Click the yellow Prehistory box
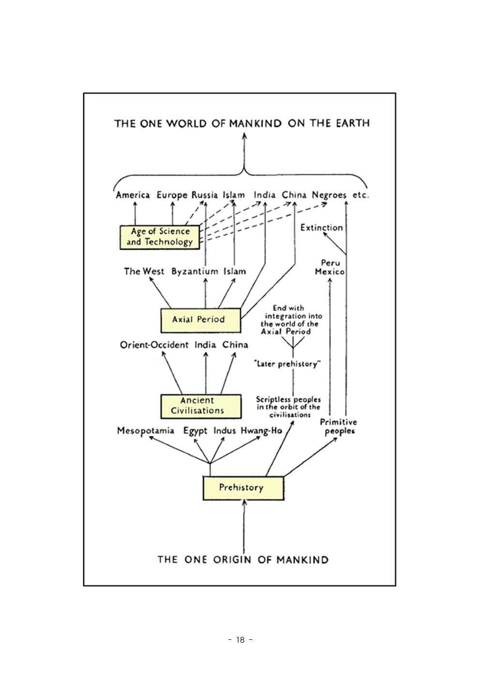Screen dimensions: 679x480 242,488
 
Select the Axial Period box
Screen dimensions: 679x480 200,319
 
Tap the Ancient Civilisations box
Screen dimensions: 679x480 200,406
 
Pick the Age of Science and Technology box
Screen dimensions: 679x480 160,237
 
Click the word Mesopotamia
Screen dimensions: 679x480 145,430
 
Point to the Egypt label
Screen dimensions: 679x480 195,431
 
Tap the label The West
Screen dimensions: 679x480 144,272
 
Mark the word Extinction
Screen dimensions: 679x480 321,227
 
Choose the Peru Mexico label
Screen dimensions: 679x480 330,267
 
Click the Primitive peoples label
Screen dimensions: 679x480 338,426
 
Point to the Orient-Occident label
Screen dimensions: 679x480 154,345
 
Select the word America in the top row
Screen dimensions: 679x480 133,196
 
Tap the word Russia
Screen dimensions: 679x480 204,196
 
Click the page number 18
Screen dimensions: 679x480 240,640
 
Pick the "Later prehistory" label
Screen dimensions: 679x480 288,364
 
